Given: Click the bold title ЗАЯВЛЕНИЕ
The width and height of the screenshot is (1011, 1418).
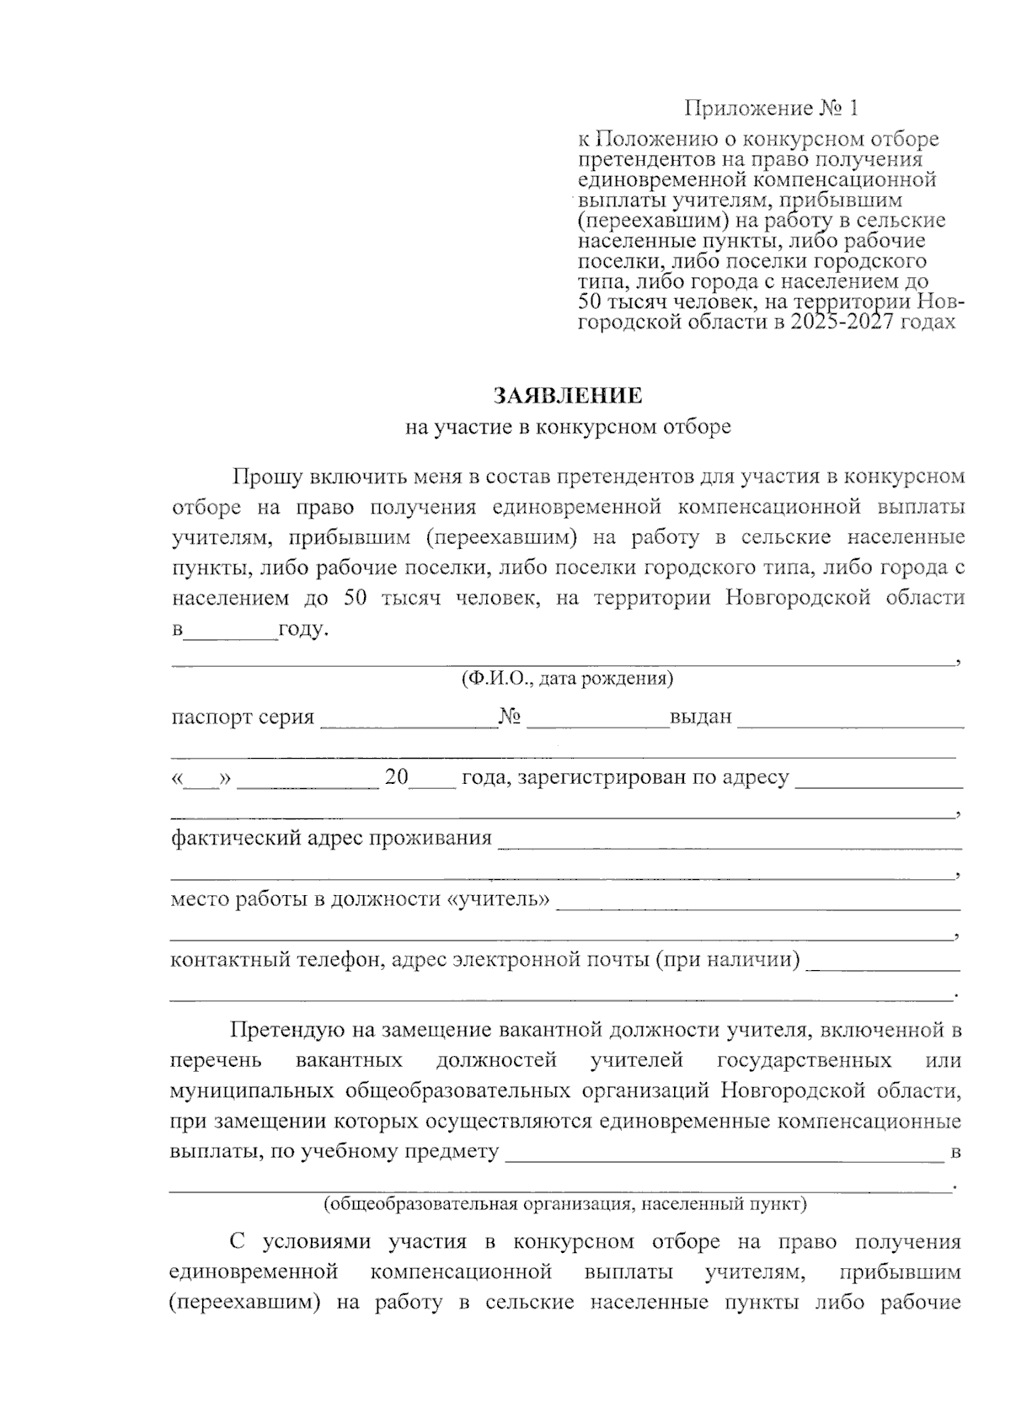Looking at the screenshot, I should point(568,396).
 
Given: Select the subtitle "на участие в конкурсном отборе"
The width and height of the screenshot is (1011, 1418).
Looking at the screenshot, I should point(568,428).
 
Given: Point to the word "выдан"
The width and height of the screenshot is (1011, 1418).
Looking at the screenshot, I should point(701,718).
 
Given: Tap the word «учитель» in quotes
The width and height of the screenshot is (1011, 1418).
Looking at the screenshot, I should point(497,899).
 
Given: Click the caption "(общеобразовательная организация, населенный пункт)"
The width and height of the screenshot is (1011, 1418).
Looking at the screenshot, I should point(566,1204).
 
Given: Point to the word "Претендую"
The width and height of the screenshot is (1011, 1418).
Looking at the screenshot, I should point(285,1030).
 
